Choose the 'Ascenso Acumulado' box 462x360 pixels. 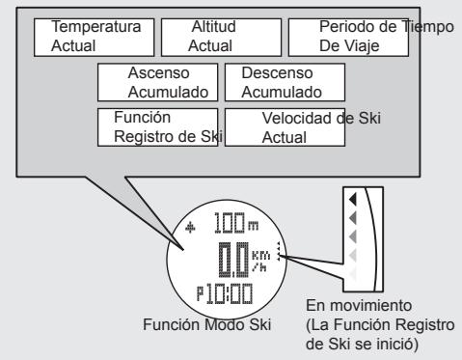[x=157, y=83]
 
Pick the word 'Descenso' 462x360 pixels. [x=271, y=74]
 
